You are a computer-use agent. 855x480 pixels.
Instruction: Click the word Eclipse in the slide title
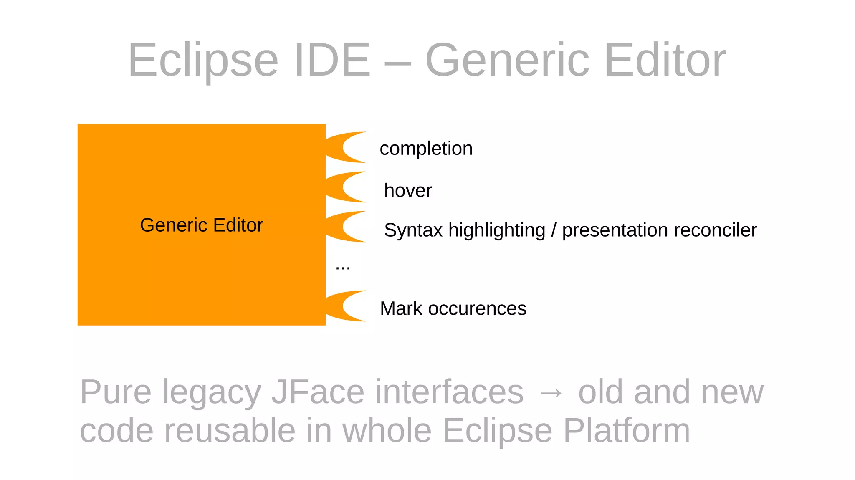pyautogui.click(x=203, y=61)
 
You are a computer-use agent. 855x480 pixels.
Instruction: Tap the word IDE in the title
pyautogui.click(x=332, y=61)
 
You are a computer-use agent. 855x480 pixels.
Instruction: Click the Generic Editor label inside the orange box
pyautogui.click(x=201, y=225)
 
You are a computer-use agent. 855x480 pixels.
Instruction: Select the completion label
pyautogui.click(x=426, y=149)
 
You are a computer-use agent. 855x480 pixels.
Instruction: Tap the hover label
pyautogui.click(x=408, y=191)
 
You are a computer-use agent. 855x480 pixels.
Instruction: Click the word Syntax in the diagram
pyautogui.click(x=413, y=230)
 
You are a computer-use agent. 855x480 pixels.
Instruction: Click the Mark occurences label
pyautogui.click(x=453, y=309)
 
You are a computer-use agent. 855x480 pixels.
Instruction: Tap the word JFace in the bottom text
pyautogui.click(x=318, y=392)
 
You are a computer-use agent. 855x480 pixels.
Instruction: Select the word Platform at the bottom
pyautogui.click(x=626, y=431)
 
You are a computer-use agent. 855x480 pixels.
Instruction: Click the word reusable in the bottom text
pyautogui.click(x=230, y=431)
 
